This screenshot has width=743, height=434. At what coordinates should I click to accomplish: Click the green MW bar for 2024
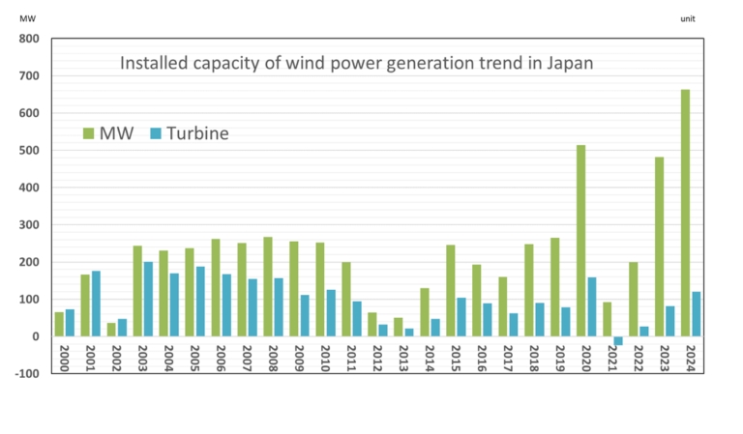685,213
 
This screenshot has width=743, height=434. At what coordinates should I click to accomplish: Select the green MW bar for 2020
580,241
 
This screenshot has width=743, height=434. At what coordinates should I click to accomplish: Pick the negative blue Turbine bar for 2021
617,340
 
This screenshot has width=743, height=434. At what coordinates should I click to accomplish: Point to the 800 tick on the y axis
26,40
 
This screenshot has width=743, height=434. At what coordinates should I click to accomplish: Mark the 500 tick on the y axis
26,151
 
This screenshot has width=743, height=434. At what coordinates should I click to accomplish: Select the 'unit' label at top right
688,18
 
